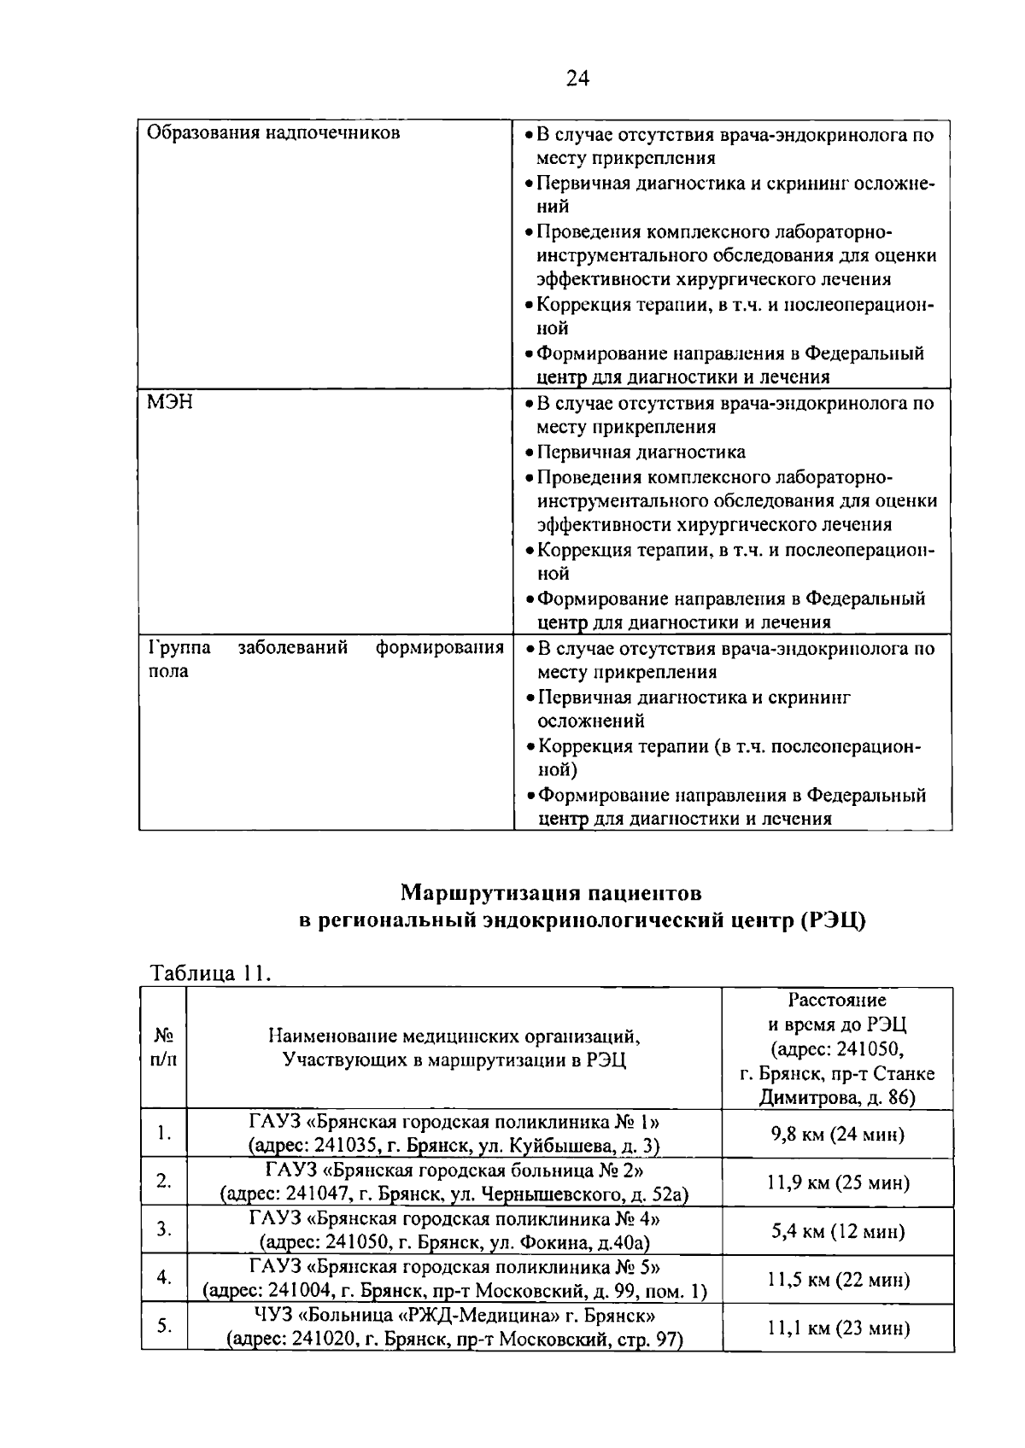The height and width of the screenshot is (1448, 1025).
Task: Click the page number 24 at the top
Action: [x=577, y=79]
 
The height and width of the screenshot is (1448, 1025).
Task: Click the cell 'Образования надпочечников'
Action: [x=273, y=133]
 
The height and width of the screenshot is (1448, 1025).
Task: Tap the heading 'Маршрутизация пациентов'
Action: [x=552, y=893]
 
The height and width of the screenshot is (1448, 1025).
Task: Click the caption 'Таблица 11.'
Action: [x=210, y=973]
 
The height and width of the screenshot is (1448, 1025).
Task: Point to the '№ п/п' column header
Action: [x=164, y=1047]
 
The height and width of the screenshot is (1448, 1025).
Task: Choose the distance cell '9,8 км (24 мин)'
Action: [x=837, y=1134]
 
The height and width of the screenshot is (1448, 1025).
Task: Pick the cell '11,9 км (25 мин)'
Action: [x=837, y=1182]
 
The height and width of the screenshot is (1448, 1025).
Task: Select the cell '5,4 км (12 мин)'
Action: [x=837, y=1231]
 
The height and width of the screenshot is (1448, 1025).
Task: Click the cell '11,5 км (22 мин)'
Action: [x=837, y=1280]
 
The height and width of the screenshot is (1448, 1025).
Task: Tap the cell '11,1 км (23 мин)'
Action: [x=837, y=1328]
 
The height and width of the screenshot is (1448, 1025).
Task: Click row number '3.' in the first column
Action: [x=164, y=1230]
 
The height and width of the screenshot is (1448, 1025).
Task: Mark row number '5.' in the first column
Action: [x=164, y=1327]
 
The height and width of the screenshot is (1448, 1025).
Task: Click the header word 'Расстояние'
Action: [x=837, y=1000]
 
